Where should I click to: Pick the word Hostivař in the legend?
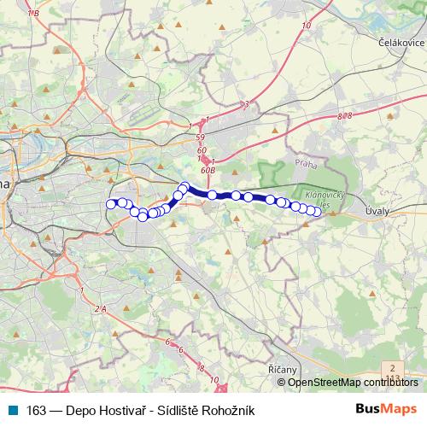(x=129, y=410)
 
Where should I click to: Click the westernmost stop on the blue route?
(x=110, y=203)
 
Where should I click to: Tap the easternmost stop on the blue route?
(x=317, y=212)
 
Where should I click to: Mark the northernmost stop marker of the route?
(x=184, y=186)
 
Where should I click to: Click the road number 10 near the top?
(x=306, y=26)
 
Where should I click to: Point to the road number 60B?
(x=208, y=169)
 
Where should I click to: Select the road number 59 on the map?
(x=200, y=137)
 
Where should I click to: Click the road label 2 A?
(x=102, y=307)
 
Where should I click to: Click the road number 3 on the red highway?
(x=246, y=104)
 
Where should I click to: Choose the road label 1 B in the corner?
(x=34, y=14)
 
